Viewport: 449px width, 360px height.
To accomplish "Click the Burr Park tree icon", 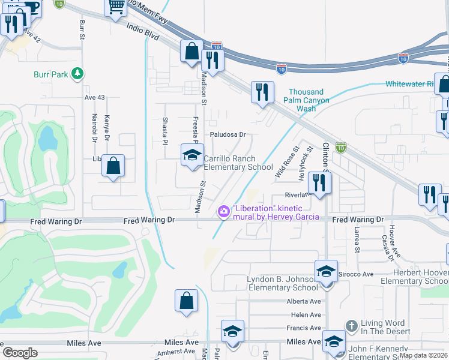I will coord(77,74).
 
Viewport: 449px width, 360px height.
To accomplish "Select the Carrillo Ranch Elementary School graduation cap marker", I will coord(192,155).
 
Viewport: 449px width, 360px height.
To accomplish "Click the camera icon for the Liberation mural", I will coord(223,211).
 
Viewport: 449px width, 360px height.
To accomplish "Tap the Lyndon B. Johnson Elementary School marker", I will coord(326,271).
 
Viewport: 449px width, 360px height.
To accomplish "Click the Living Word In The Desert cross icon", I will coord(352,325).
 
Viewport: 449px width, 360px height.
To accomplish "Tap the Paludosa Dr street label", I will coord(228,134).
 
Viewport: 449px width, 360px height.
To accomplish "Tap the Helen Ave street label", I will coord(306,314).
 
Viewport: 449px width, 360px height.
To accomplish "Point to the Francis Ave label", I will coord(304,328).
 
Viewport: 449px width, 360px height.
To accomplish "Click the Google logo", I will coord(20,353).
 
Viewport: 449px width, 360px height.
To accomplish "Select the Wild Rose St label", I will coord(287,161).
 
